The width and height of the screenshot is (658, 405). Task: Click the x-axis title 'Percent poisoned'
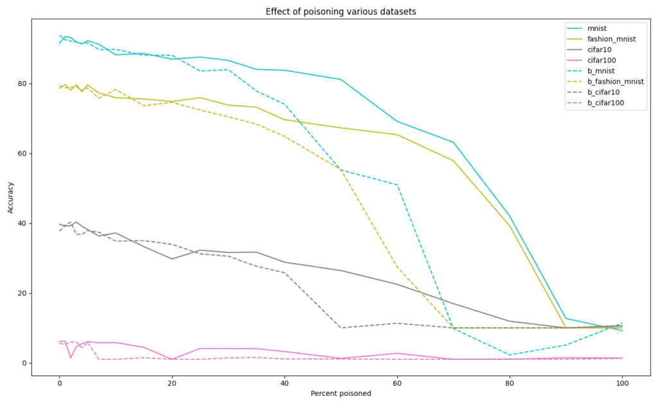pos(341,393)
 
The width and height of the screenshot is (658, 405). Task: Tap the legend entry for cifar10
pos(601,50)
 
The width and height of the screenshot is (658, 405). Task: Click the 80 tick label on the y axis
pos(22,84)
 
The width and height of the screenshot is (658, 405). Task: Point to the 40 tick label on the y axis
pos(22,224)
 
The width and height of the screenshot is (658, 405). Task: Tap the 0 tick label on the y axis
pos(24,363)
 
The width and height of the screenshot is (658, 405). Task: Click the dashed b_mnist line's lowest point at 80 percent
pos(510,355)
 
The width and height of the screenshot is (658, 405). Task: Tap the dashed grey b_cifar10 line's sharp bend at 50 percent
pos(341,328)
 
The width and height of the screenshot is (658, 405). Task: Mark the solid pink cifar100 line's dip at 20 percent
pos(172,359)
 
